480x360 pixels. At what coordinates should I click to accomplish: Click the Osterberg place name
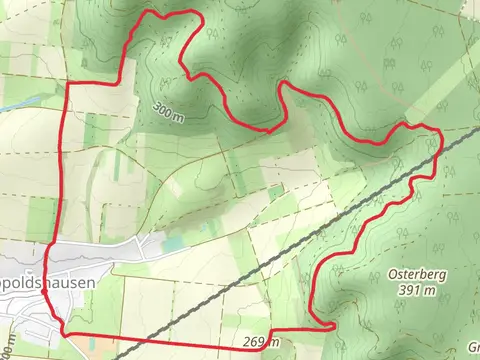click(413, 273)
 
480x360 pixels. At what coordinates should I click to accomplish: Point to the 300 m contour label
click(170, 109)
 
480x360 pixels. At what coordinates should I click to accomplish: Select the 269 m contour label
click(260, 343)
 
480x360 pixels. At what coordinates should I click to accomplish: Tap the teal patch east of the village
click(175, 243)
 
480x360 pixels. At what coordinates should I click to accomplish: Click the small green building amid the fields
click(276, 190)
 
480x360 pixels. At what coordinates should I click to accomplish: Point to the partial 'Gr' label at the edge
click(472, 347)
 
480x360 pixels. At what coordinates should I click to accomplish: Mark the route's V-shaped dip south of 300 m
click(268, 129)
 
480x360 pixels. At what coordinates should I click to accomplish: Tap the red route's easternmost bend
click(440, 140)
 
